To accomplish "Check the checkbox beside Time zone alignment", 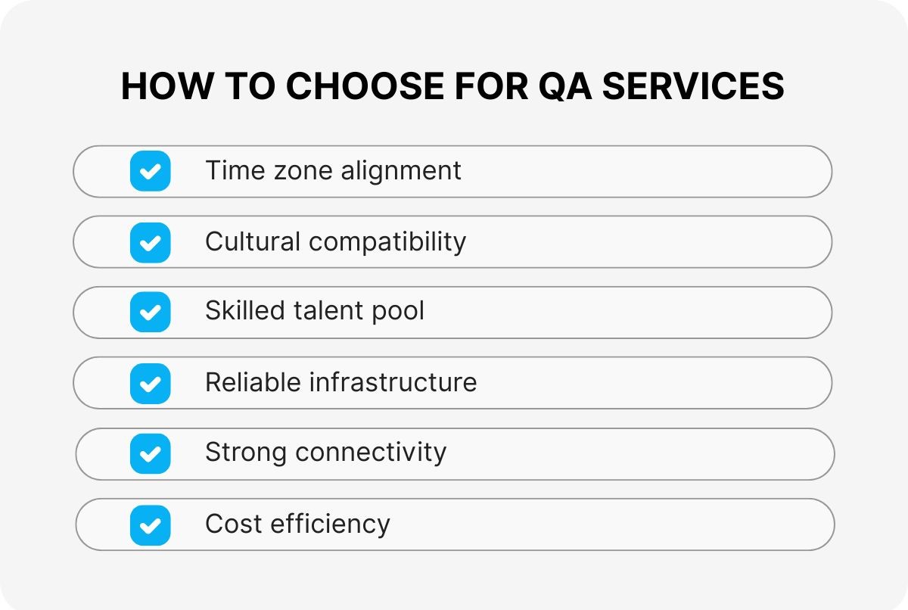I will pyautogui.click(x=150, y=171).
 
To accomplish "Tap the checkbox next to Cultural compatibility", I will pyautogui.click(x=150, y=242).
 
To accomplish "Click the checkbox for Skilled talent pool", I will pyautogui.click(x=150, y=312).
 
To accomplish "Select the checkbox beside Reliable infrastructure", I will pyautogui.click(x=150, y=383).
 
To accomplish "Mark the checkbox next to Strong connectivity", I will pyautogui.click(x=150, y=453).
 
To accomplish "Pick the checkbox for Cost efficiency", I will pyautogui.click(x=150, y=524).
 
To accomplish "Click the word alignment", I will pyautogui.click(x=400, y=171).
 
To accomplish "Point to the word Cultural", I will pyautogui.click(x=253, y=241).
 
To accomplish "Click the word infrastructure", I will pyautogui.click(x=393, y=382).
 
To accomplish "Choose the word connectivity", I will pyautogui.click(x=371, y=453).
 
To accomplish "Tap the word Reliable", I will pyautogui.click(x=253, y=382).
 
